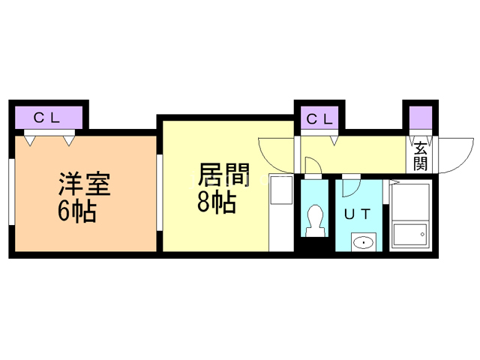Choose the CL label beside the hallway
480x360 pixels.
[320, 118]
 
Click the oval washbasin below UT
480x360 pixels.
[364, 241]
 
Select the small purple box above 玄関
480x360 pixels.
[421, 118]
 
